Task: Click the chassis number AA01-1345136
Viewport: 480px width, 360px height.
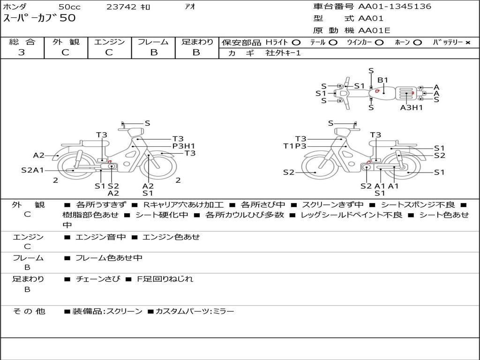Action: [395, 7]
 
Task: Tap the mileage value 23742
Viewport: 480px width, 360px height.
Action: [121, 7]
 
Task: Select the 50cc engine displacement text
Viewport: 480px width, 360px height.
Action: [69, 7]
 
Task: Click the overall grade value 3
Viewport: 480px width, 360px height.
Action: [22, 52]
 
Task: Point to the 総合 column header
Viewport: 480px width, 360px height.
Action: [22, 42]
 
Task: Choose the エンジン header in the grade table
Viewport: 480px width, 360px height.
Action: [109, 42]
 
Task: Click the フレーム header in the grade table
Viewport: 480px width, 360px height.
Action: [153, 42]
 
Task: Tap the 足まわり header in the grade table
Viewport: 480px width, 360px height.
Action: [197, 42]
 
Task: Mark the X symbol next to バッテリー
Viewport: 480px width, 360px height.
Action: [467, 43]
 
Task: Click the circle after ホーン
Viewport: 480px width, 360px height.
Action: [418, 43]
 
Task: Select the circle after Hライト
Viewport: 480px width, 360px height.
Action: [296, 43]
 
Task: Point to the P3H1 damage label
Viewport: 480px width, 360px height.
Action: [183, 146]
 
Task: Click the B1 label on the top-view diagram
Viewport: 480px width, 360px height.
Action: [383, 80]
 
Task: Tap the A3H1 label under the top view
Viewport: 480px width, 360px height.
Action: [412, 107]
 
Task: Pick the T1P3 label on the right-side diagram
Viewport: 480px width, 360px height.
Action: [295, 146]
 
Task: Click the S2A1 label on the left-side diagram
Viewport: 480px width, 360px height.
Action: [32, 170]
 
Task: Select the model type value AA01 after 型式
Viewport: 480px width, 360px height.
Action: [371, 19]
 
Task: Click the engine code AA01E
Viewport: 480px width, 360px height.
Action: [374, 31]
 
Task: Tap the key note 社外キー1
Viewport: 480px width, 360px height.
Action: [283, 53]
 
